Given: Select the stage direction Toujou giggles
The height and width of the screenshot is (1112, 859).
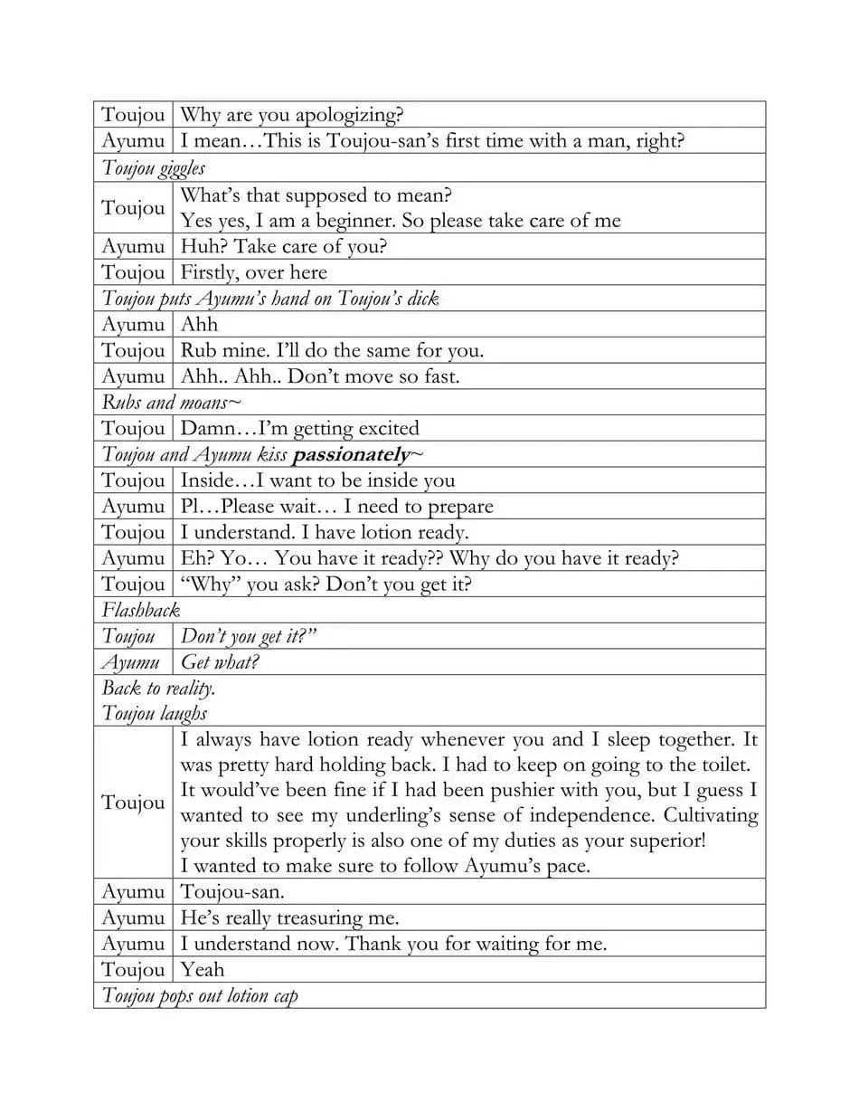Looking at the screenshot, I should tap(154, 168).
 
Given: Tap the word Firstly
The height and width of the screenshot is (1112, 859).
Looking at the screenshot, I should tap(209, 272).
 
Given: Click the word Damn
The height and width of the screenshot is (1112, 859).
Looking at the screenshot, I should tap(207, 428).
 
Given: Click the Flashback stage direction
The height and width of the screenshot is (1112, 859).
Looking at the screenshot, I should tap(141, 610).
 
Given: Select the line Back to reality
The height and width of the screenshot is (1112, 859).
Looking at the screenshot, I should tap(158, 688).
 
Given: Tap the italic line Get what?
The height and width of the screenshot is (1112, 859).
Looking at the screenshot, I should tap(220, 662).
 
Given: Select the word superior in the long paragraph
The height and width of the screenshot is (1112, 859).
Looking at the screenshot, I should tap(663, 841).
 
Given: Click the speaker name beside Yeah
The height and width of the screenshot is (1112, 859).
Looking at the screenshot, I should tap(133, 970).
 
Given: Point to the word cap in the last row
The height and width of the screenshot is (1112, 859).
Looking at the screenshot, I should tap(285, 996).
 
